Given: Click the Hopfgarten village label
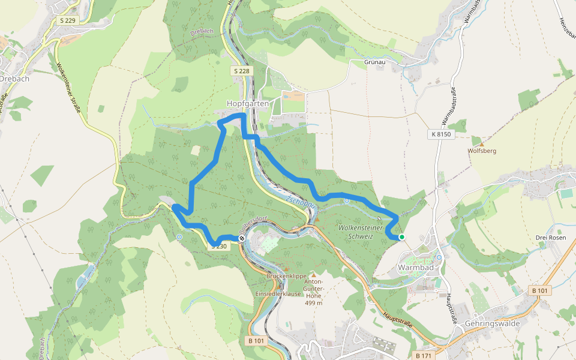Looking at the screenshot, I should [247, 103].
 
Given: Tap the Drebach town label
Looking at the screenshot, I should [14, 79].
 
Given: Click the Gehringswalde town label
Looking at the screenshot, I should [491, 323].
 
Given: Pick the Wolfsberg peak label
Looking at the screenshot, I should [482, 152].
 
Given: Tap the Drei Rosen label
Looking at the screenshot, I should [550, 238].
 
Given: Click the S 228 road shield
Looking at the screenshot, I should [241, 71].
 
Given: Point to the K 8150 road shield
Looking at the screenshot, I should [440, 134].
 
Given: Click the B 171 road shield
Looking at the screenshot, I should [424, 355].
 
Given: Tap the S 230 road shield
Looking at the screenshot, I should [219, 246].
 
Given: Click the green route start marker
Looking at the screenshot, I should [401, 238].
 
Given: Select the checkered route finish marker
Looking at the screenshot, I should [242, 239].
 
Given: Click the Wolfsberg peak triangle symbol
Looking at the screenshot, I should [482, 143].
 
